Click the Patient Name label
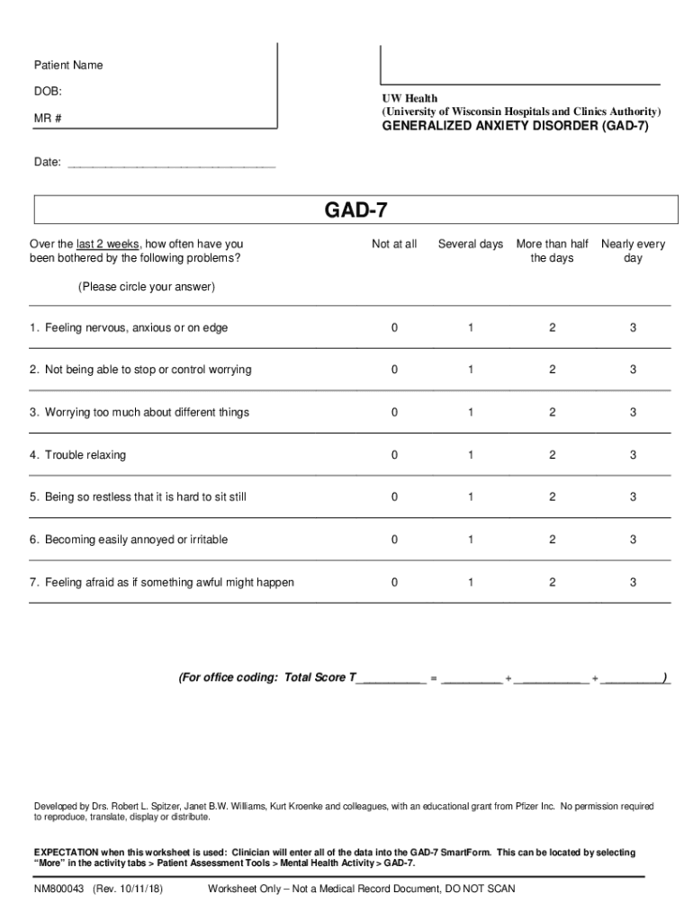[x=68, y=65]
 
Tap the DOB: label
[x=48, y=92]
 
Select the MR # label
[x=48, y=119]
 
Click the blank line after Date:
[x=171, y=165]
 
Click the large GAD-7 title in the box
[x=355, y=210]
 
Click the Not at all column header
[x=394, y=244]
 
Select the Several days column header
[x=470, y=244]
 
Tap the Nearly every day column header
[x=633, y=251]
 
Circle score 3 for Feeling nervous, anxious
[x=633, y=328]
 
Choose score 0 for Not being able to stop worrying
[x=394, y=370]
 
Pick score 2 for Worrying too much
[x=553, y=412]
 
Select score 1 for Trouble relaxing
[x=470, y=455]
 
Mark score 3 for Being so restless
[x=633, y=496]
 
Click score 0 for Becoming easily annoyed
[x=394, y=540]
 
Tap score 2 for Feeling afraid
[x=553, y=582]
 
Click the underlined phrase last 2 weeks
[x=108, y=244]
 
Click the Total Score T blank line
[x=391, y=679]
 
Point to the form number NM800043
[x=59, y=889]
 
